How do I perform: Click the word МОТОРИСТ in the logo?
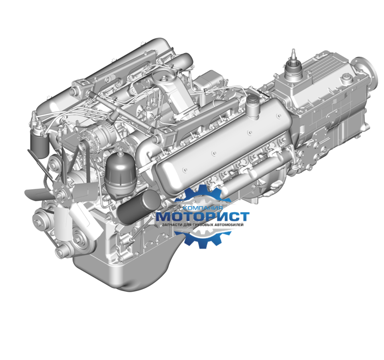point(203,217)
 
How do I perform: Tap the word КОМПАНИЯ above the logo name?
point(203,208)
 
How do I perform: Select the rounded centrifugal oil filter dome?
point(120,171)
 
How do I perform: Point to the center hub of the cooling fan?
point(59,196)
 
